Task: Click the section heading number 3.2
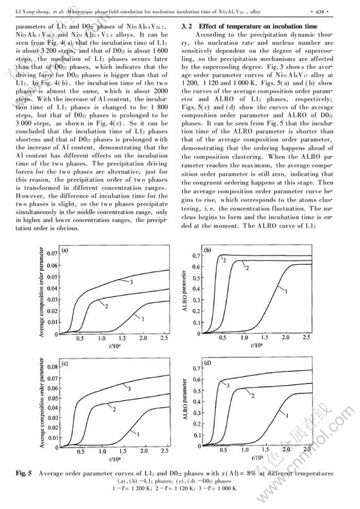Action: click(187, 26)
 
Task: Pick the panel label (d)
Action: click(209, 363)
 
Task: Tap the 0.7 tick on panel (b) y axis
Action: click(195, 256)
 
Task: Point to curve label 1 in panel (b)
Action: click(286, 291)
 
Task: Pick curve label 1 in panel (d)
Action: click(286, 417)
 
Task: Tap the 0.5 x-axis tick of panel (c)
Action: click(80, 451)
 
